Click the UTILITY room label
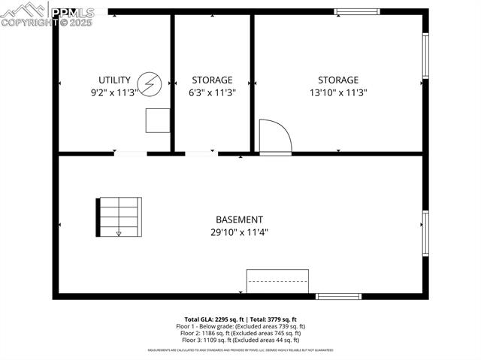click(114, 80)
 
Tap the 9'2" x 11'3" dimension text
click(114, 93)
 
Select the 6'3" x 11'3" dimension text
click(212, 93)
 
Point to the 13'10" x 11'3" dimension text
click(337, 93)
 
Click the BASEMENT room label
click(239, 219)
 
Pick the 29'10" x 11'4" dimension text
click(239, 233)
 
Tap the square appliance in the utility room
click(158, 120)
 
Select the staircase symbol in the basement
click(119, 216)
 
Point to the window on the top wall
click(357, 11)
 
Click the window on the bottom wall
click(338, 296)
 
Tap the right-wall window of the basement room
click(425, 233)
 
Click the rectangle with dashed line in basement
click(278, 281)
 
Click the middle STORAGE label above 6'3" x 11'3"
click(212, 80)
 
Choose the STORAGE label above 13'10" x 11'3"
click(337, 80)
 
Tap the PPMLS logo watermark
click(47, 14)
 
